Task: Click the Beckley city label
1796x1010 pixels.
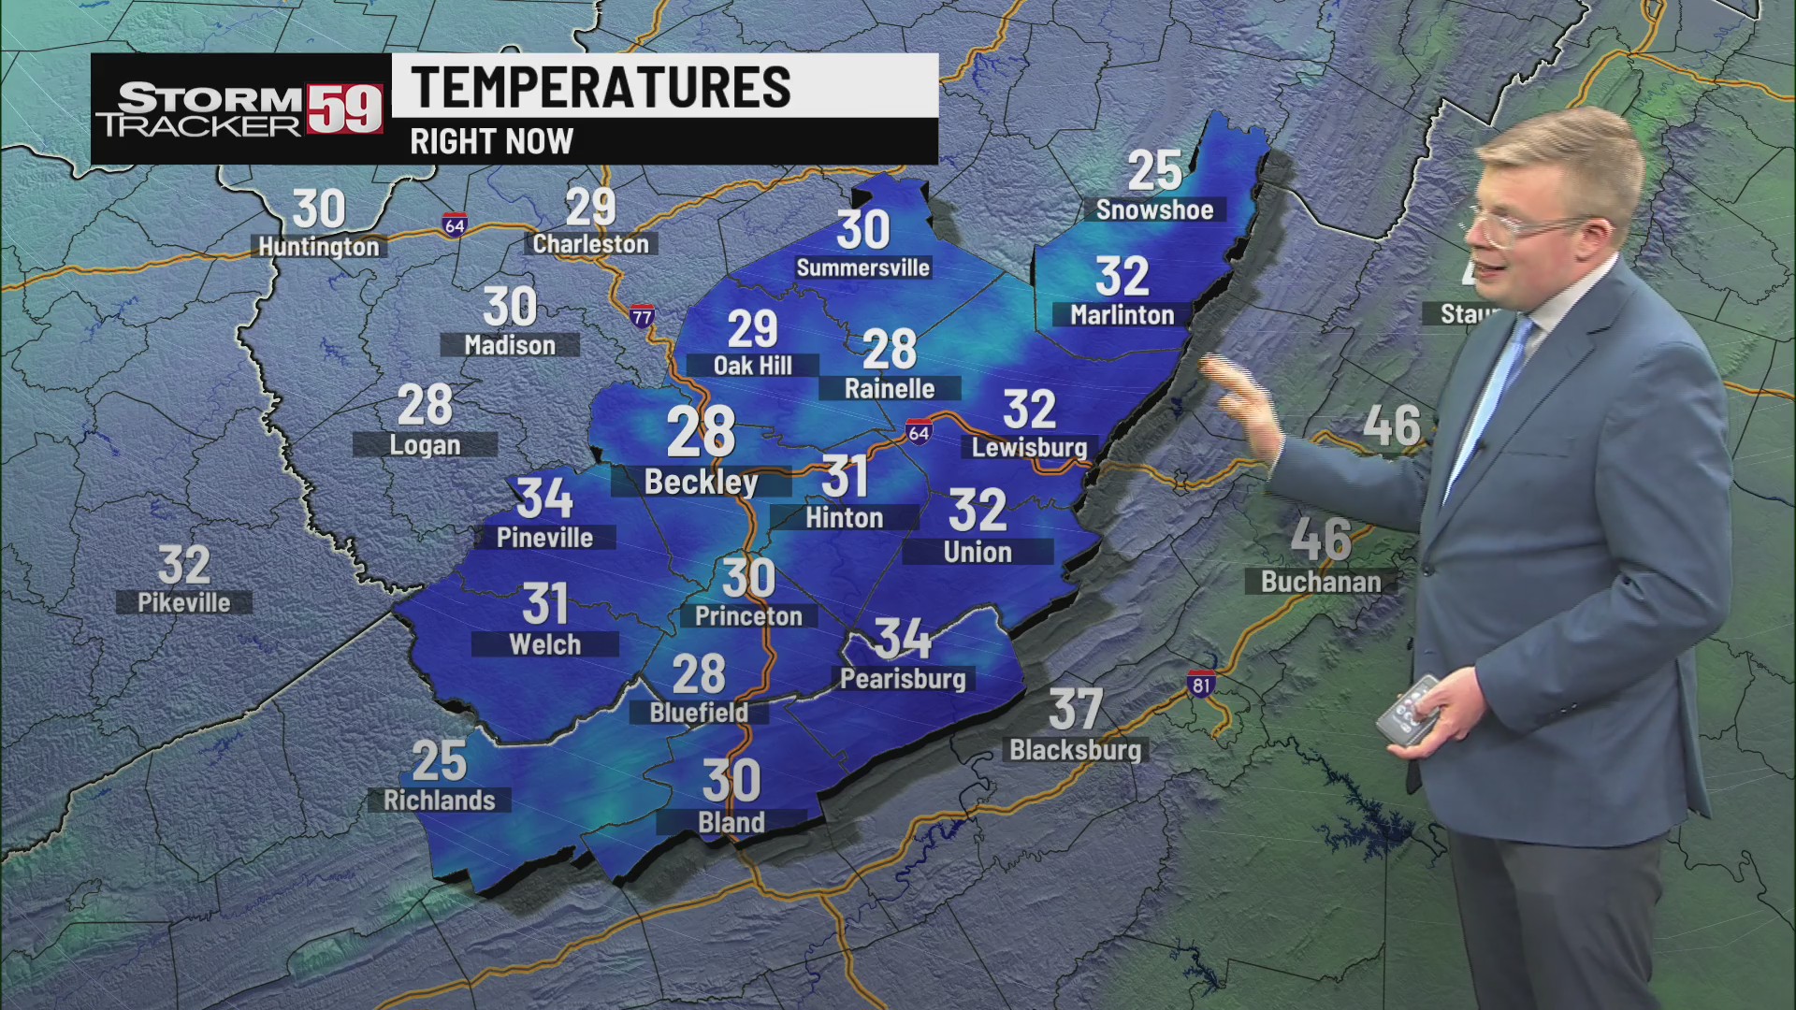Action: click(x=701, y=482)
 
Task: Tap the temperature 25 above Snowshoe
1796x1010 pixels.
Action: click(x=1154, y=171)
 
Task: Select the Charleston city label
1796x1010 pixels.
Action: click(x=590, y=244)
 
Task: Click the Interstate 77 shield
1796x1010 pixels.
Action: click(x=642, y=316)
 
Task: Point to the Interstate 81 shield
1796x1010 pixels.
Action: click(x=1201, y=684)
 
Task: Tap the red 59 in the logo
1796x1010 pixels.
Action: click(x=345, y=109)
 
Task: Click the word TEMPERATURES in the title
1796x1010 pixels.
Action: click(x=601, y=87)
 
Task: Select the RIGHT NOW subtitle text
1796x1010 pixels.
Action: click(x=491, y=142)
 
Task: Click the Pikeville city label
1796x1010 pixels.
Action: click(x=184, y=603)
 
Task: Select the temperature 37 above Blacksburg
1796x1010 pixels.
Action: click(x=1075, y=710)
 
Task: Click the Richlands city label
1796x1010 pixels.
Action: click(x=439, y=801)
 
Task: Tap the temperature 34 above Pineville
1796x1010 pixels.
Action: click(x=544, y=498)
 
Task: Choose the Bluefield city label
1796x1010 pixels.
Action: click(x=699, y=713)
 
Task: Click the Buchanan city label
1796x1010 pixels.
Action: click(x=1320, y=582)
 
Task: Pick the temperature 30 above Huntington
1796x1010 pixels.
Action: click(x=318, y=209)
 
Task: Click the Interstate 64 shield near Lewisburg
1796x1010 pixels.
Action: click(x=919, y=433)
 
